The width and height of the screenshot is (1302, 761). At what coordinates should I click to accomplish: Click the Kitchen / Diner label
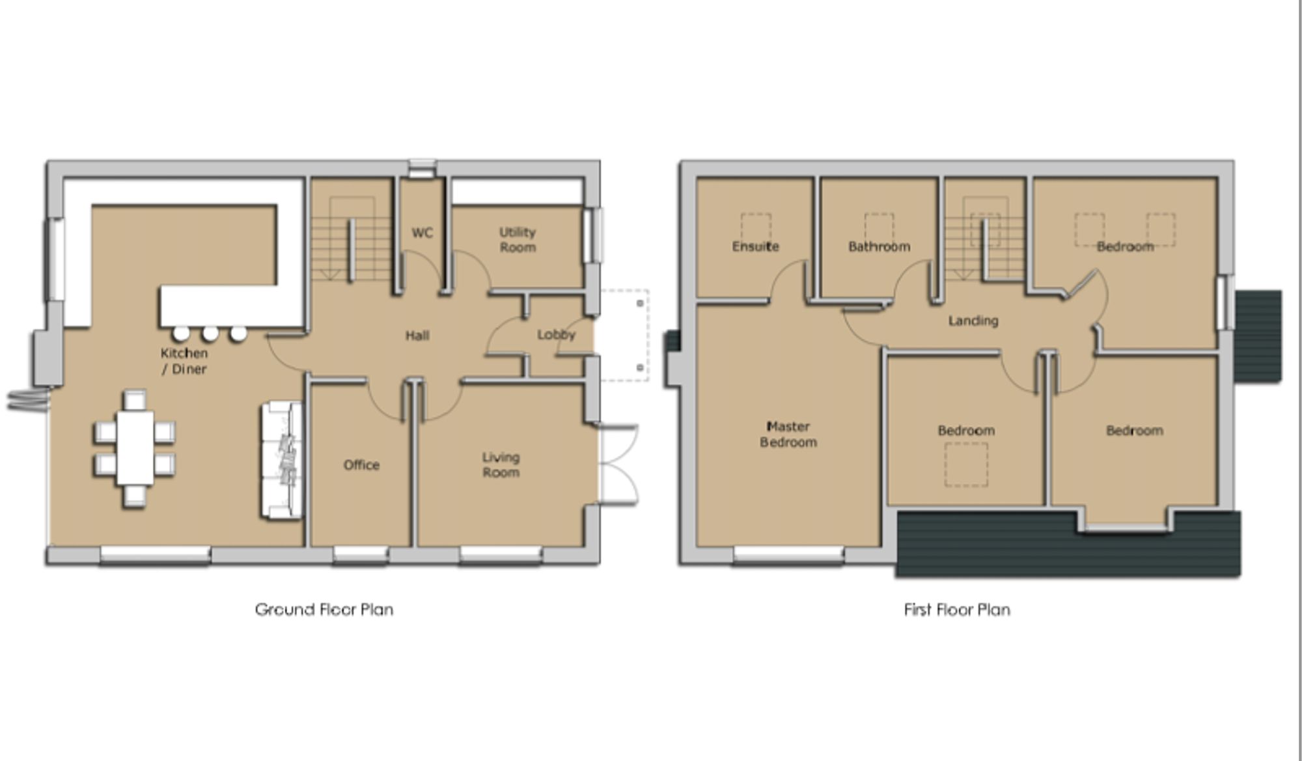pos(184,361)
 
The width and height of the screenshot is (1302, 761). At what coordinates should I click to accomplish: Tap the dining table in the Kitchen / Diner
pos(135,448)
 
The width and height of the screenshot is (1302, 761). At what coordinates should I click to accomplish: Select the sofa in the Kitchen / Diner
pos(283,461)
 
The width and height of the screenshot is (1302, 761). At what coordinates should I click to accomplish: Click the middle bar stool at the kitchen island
pos(210,334)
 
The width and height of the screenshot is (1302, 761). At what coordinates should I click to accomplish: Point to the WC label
pos(422,233)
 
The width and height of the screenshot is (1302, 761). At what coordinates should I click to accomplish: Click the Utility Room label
pos(518,240)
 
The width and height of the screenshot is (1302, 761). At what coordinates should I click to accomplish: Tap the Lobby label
pos(556,335)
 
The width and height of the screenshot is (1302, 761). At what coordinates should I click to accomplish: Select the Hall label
pos(417,336)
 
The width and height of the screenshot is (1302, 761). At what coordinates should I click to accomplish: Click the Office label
pos(361,465)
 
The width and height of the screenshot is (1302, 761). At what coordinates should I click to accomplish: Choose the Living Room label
pos(501,465)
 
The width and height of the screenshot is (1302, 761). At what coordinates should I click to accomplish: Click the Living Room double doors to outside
pos(617,464)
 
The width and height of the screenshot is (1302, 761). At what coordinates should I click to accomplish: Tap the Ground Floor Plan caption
pos(324,610)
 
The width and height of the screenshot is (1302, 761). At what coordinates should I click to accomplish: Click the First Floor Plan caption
pos(957,610)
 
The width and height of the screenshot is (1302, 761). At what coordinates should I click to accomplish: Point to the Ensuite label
pos(755,246)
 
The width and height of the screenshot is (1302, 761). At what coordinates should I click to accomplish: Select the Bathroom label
pos(879,246)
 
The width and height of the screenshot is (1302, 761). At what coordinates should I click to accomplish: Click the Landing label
pos(973,321)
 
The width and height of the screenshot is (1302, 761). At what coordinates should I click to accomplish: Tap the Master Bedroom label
pos(788,434)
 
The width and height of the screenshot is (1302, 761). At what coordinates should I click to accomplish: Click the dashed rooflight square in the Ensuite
pos(756,226)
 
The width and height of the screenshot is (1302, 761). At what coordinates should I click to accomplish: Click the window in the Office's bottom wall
pos(361,554)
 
